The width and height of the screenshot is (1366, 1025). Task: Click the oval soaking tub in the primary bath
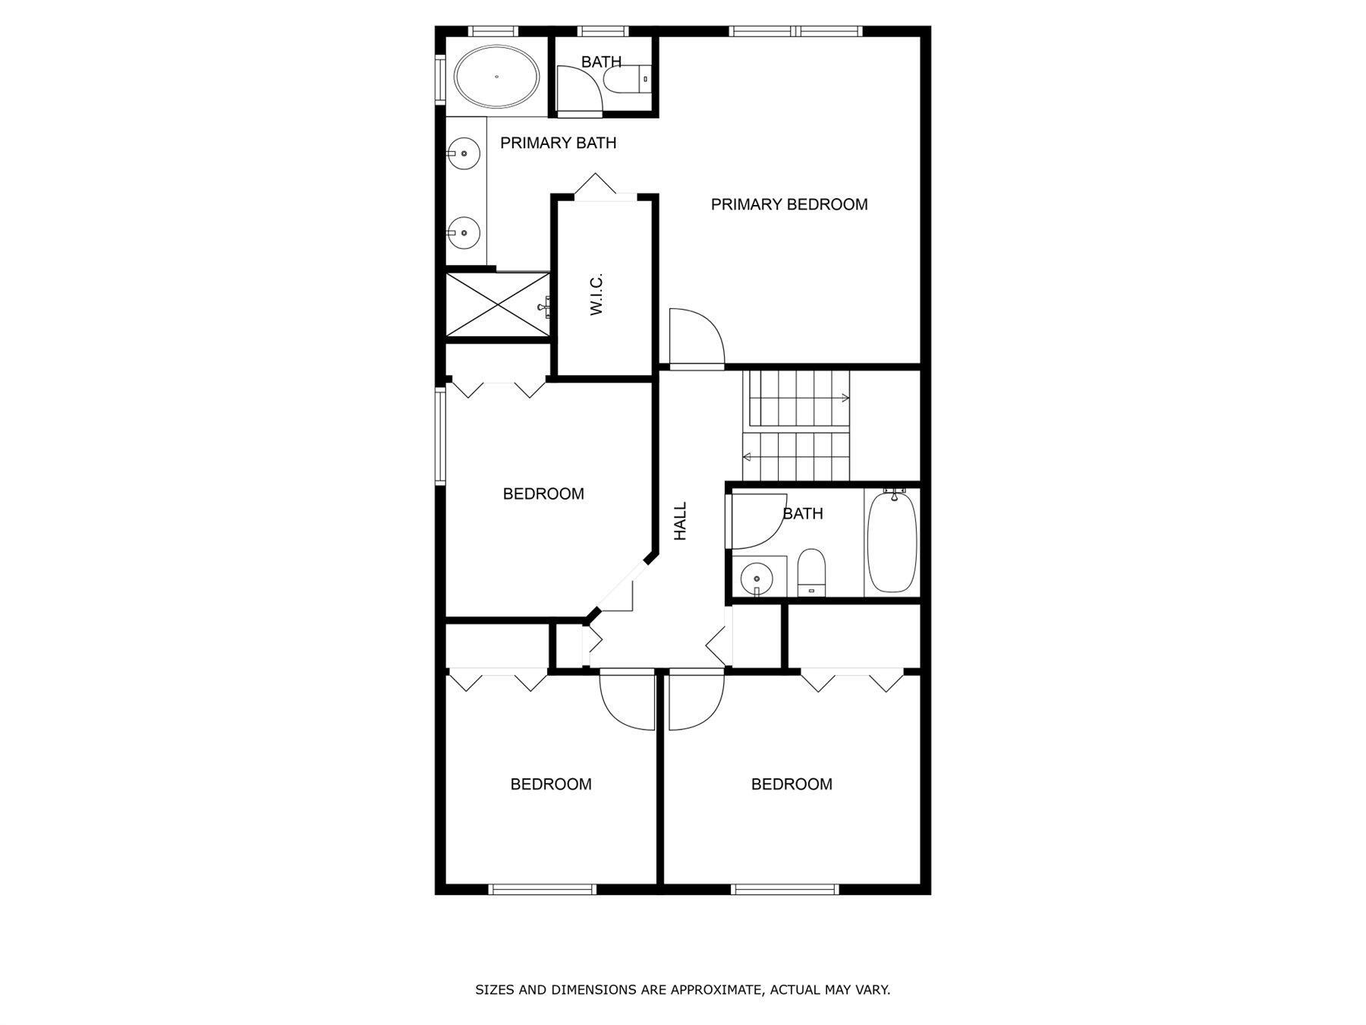[497, 77]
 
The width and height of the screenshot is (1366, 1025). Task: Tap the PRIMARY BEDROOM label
[789, 204]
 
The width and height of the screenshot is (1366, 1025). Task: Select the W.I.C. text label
[596, 294]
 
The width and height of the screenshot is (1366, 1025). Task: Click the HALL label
[681, 521]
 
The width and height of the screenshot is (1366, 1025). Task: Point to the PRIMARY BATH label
[558, 143]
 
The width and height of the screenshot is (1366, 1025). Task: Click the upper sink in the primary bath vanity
[463, 154]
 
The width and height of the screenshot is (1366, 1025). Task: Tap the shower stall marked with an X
[497, 304]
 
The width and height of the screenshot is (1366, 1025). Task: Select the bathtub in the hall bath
[892, 541]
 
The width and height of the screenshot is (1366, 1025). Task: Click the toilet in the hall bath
[810, 572]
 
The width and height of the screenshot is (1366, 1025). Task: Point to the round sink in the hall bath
[756, 577]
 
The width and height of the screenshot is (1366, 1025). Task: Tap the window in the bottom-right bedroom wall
[785, 889]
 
